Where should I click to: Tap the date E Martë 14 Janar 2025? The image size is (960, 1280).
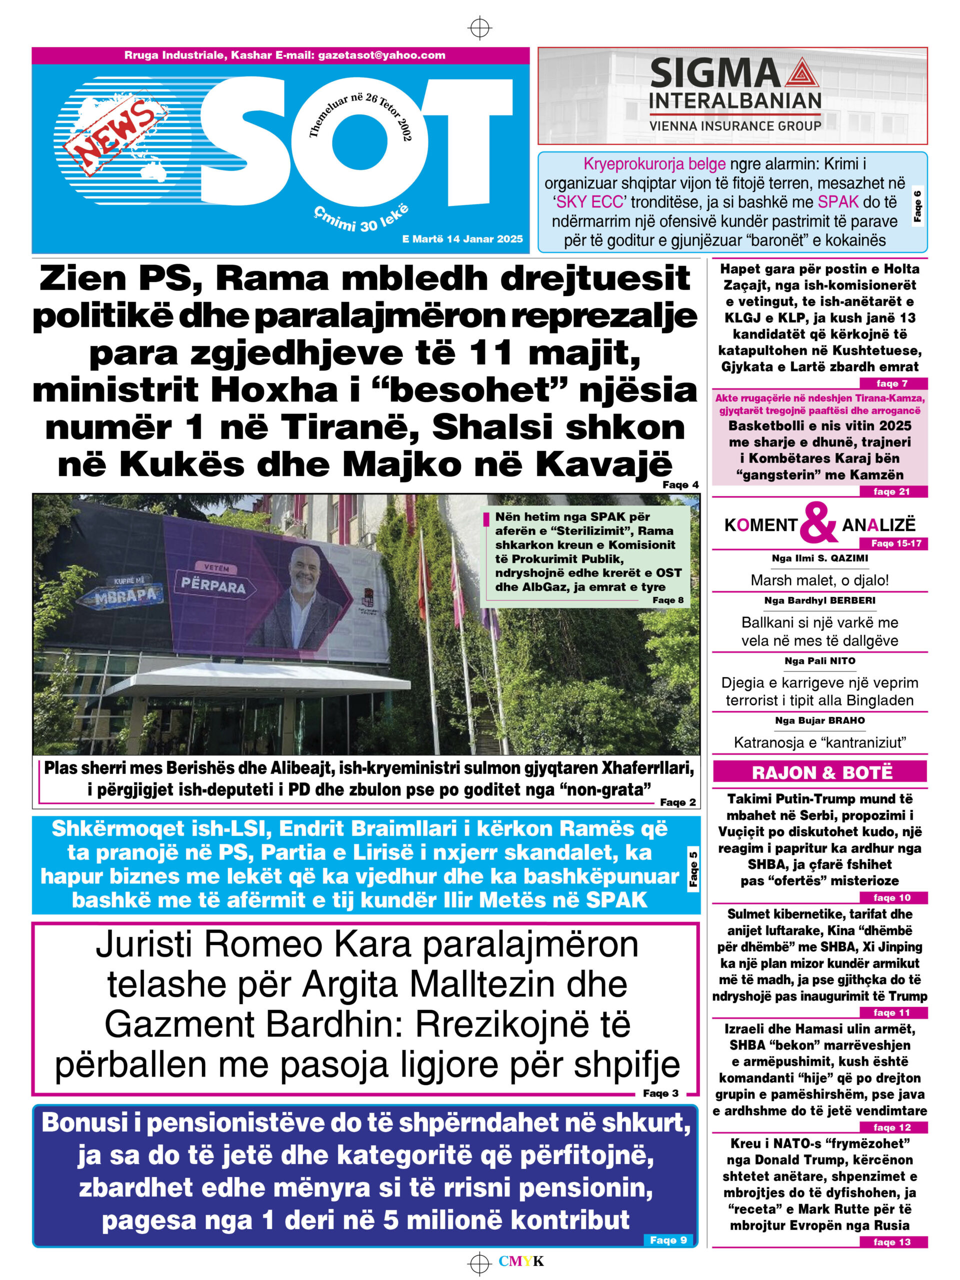(462, 239)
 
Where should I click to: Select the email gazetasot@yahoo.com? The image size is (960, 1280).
(381, 55)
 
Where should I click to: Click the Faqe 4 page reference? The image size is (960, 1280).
(680, 485)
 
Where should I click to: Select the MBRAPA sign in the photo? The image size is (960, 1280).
(125, 594)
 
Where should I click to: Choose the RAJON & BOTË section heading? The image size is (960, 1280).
(819, 772)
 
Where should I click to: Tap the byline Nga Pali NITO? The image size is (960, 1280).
(819, 661)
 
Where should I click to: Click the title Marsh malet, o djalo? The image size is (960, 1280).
(819, 580)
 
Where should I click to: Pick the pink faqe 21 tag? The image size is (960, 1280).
(891, 492)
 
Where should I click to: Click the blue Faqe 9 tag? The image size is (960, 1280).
(668, 1240)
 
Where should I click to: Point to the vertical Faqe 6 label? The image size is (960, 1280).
(917, 205)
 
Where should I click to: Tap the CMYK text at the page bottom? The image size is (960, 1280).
(521, 1261)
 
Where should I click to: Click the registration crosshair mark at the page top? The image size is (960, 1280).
(479, 27)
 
